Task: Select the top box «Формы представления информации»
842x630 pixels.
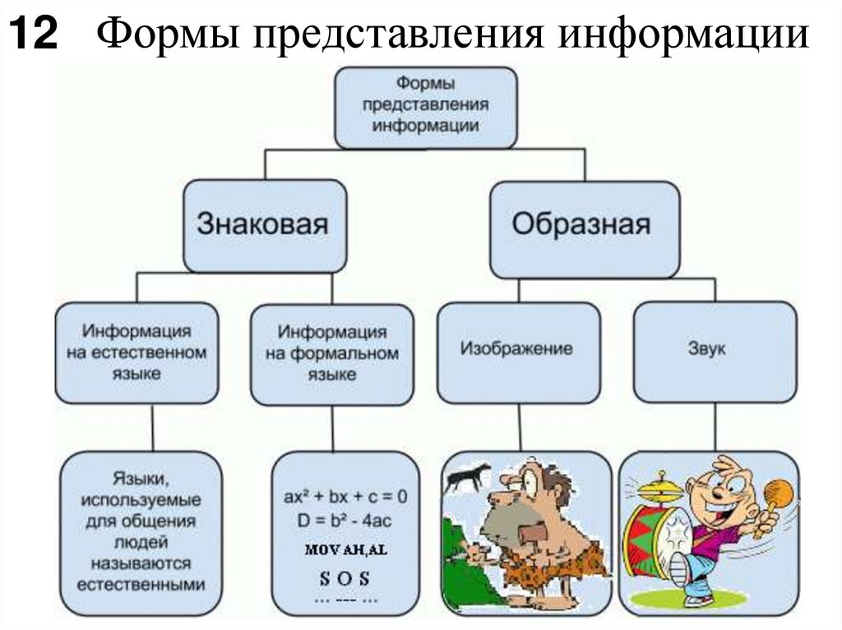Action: [x=426, y=107]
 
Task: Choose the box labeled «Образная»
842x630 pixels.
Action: [x=585, y=224]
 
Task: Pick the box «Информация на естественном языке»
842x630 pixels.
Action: [x=136, y=352]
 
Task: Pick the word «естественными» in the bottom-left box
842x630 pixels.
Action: [x=141, y=586]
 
